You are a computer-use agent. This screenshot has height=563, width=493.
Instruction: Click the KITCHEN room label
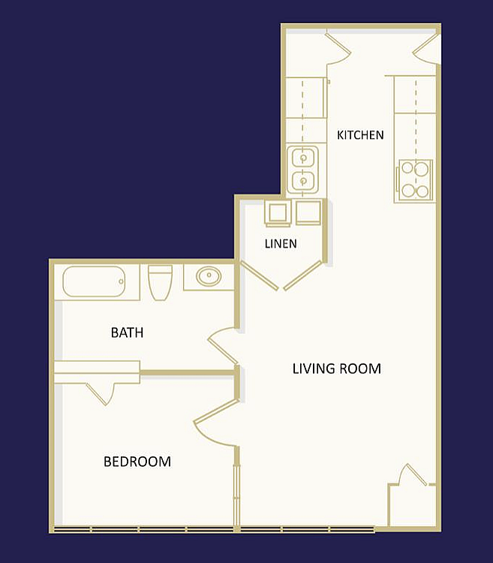click(360, 135)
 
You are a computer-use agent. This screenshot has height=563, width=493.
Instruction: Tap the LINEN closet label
click(281, 244)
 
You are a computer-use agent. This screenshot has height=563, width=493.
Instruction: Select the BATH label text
click(127, 333)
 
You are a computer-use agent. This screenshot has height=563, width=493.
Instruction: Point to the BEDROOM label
click(137, 462)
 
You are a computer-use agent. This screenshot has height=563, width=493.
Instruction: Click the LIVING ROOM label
click(337, 369)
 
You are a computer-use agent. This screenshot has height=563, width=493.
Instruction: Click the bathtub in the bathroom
click(94, 281)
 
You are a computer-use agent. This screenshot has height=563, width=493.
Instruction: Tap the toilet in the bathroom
click(160, 281)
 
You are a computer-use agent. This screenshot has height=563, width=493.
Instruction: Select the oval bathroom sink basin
click(209, 276)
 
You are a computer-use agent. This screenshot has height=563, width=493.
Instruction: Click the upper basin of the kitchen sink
click(304, 158)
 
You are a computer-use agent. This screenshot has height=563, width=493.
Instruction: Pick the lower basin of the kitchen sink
click(304, 180)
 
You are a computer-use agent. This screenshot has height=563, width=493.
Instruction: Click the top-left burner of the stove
click(407, 167)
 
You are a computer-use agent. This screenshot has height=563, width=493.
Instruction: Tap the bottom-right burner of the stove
click(422, 191)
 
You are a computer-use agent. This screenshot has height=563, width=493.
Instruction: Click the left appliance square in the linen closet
click(278, 213)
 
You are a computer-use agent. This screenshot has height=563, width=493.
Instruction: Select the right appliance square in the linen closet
click(308, 212)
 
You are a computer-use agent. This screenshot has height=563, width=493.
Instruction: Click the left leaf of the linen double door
click(259, 275)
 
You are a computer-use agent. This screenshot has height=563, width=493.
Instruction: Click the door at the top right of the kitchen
click(426, 50)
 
